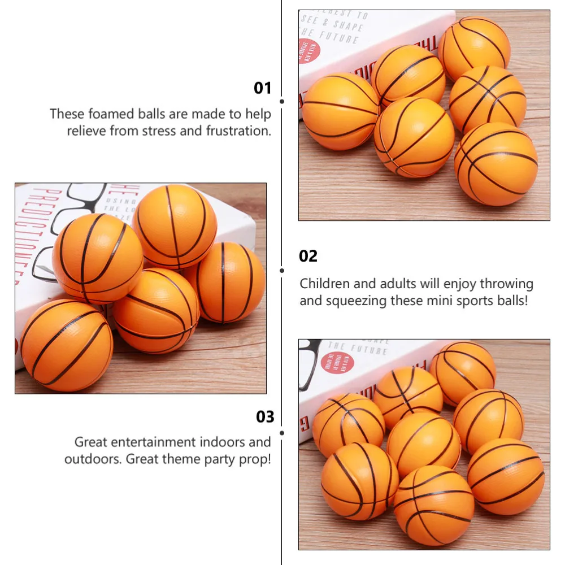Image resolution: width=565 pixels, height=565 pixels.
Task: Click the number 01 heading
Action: pos(263,88)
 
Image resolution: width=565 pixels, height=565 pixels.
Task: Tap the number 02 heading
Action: pos(308,256)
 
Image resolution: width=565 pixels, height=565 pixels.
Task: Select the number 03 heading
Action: pos(265,417)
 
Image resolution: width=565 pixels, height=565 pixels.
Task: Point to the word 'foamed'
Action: pos(107,114)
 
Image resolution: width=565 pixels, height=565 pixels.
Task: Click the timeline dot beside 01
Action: pos(281,101)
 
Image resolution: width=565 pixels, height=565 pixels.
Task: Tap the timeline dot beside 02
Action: pos(281,270)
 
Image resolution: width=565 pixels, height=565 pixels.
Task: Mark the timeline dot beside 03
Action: pos(281,433)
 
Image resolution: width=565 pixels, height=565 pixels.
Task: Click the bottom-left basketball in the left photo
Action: pos(67,345)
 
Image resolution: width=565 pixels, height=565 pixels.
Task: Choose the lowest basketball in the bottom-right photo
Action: pos(433,505)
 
